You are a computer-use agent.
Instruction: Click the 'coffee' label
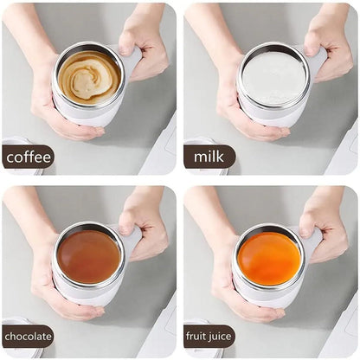[28, 157]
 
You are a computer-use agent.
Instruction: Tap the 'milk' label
[209, 157]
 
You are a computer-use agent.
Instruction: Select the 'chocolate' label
[28, 337]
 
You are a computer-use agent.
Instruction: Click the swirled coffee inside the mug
[89, 76]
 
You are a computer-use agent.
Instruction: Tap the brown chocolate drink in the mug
[89, 256]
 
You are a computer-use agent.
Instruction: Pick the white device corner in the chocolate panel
[160, 333]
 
